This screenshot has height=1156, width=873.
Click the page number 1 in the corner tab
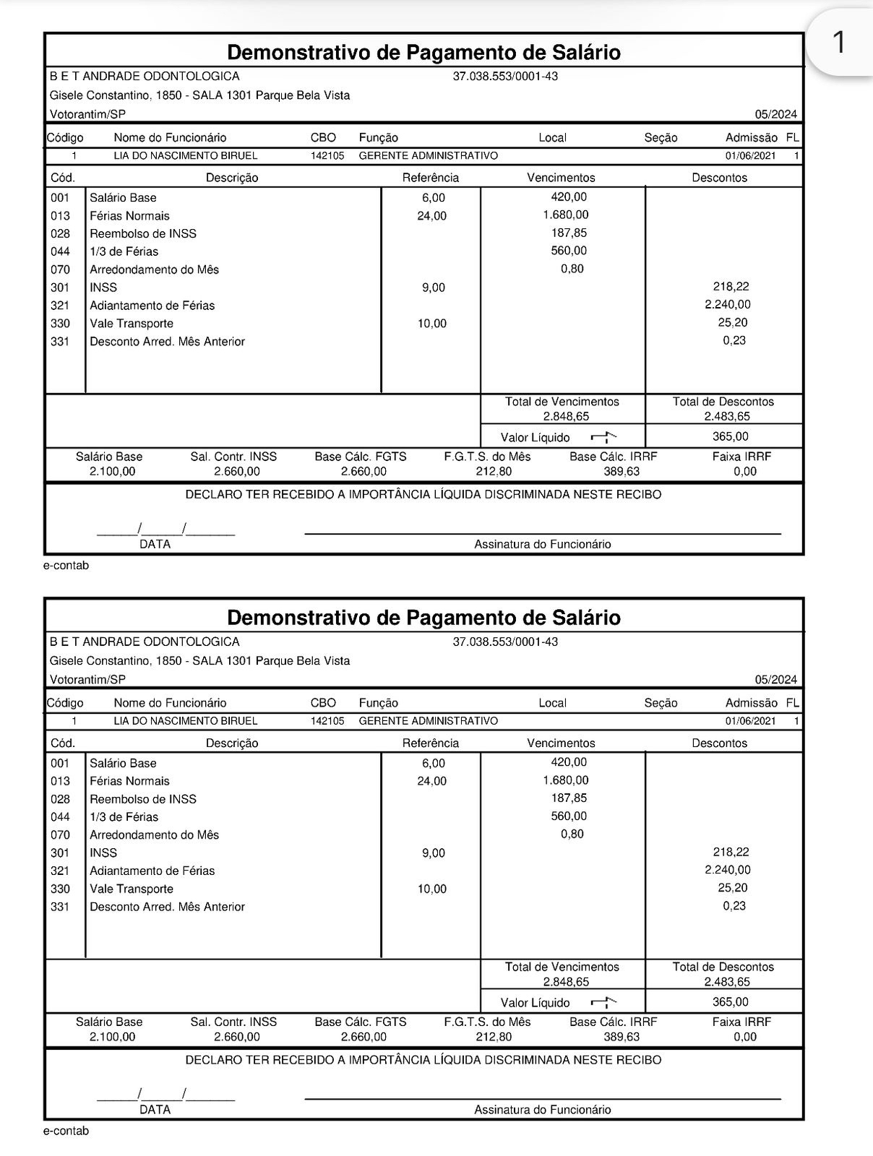(838, 43)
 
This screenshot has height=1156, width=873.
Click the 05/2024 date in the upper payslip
(775, 114)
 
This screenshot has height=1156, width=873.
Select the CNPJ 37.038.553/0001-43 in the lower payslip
(505, 642)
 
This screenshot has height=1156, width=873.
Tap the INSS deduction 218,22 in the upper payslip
(731, 287)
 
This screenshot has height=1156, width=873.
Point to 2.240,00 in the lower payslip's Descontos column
(728, 870)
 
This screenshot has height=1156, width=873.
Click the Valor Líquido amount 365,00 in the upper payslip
(731, 436)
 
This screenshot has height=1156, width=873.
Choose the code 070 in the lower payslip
(61, 834)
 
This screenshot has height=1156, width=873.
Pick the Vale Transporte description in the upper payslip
(132, 323)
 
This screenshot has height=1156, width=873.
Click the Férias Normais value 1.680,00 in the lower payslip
(565, 780)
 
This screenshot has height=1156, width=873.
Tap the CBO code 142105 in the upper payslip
(327, 155)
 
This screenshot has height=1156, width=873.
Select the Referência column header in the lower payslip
(430, 743)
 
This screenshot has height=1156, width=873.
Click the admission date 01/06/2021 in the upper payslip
(750, 155)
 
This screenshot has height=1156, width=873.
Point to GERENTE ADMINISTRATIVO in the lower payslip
(428, 721)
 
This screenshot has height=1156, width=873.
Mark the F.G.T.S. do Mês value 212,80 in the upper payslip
(494, 472)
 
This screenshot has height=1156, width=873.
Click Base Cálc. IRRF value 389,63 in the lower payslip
(622, 1037)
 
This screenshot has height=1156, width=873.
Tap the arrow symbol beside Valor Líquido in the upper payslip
(603, 436)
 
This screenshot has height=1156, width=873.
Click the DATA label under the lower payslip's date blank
(155, 1110)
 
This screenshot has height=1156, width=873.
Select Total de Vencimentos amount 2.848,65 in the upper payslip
(566, 416)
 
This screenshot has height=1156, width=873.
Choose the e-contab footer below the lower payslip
(66, 1131)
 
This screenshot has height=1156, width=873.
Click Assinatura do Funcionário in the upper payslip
(542, 544)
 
